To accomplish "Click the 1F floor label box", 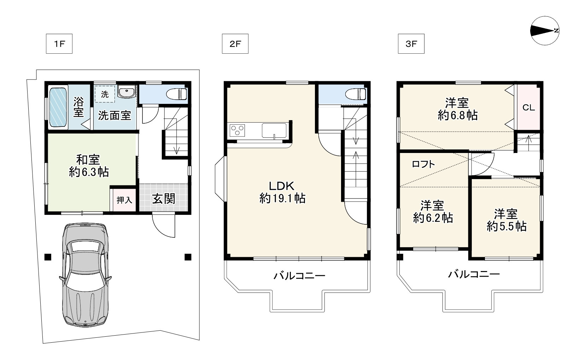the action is click(59, 44).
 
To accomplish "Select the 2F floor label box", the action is click(235, 44).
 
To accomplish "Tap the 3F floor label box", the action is click(411, 44).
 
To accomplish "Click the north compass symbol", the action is click(545, 31).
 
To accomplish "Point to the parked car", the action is click(86, 275).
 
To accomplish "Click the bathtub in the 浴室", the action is click(58, 107).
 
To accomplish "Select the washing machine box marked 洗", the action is click(105, 94).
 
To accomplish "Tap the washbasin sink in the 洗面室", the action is click(127, 92).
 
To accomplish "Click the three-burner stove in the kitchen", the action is click(237, 130).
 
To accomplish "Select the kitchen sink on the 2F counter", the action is click(274, 130).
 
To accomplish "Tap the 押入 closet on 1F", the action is click(124, 200).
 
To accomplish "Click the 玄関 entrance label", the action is click(164, 199).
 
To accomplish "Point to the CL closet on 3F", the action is click(529, 107).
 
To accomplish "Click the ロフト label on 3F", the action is click(423, 164).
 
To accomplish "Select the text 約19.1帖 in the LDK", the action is click(282, 199).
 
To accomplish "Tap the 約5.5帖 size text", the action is click(506, 226).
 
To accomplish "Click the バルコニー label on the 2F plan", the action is click(299, 276).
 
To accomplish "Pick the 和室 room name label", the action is click(88, 159).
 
